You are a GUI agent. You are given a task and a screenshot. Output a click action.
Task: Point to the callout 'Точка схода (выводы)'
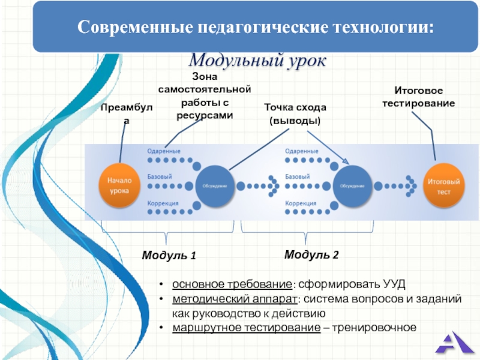click(295, 113)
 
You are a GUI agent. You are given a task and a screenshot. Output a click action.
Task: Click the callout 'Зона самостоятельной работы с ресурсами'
click(204, 96)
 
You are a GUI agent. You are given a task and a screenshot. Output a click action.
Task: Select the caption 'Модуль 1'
click(169, 256)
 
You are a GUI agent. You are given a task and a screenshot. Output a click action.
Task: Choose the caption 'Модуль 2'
click(311, 255)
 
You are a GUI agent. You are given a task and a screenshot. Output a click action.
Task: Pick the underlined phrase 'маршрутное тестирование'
click(246, 328)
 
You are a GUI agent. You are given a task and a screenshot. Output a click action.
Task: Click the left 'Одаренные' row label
click(164, 151)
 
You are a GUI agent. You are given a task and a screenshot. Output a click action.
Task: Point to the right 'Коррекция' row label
click(301, 203)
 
